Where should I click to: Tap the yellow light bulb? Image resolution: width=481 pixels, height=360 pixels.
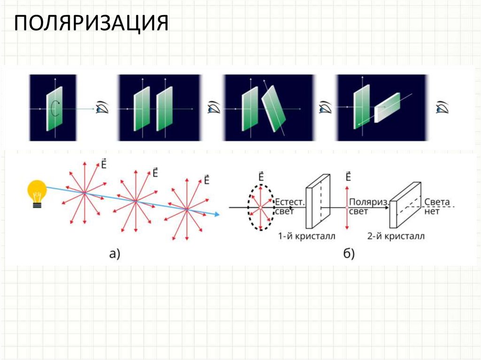coord(37,192)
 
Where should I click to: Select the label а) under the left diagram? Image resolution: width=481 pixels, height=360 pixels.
coord(115,254)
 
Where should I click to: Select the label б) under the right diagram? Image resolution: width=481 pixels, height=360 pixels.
coord(349,254)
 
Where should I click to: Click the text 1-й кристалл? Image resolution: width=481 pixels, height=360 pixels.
coord(307,236)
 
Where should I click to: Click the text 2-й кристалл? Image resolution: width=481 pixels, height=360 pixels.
coord(396,236)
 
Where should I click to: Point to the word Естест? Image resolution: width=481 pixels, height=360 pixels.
coord(290,202)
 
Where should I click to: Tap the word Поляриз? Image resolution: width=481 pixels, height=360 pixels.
coord(369,202)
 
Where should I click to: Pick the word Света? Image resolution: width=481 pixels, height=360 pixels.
coord(437,202)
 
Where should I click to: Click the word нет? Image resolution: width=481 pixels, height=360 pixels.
coord(432,211)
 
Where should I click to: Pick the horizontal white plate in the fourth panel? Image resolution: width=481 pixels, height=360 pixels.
coord(388,108)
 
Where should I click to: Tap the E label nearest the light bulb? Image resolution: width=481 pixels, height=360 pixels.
coord(103,164)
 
